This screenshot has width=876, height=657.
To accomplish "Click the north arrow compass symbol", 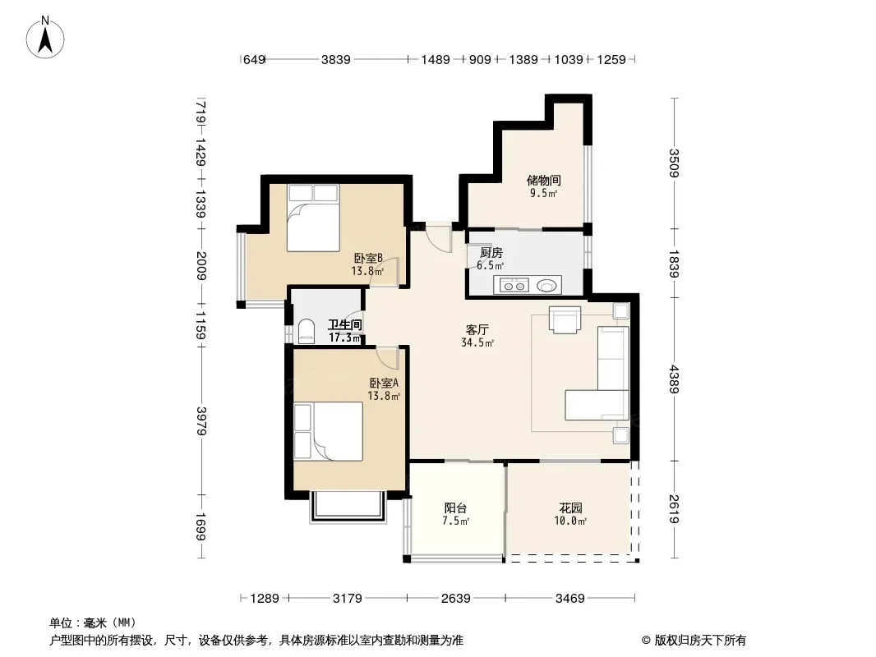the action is tap(45, 38).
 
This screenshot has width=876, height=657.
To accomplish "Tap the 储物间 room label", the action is tap(543, 181).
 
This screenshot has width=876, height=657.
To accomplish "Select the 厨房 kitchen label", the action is tap(491, 253).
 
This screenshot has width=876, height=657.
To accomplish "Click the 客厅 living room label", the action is tap(477, 330).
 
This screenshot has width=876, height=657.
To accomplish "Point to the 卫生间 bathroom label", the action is tap(344, 324).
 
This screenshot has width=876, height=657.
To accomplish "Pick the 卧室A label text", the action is tap(384, 384).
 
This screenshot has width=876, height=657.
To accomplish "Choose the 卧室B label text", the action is tap(368, 259).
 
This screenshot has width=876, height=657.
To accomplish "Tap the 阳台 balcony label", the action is tap(455, 508).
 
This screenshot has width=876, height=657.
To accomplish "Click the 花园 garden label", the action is tap(570, 508).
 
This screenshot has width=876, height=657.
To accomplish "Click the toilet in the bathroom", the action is tap(306, 330).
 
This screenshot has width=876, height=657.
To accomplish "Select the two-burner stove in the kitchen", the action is tap(514, 286).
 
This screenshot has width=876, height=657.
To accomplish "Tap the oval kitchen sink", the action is tap(547, 286).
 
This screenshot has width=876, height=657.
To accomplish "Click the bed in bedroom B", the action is tap(313, 218).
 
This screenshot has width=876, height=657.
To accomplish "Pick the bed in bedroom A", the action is tap(329, 431).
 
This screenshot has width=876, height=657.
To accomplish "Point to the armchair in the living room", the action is tap(565, 319).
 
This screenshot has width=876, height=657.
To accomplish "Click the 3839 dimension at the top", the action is tap(336, 59).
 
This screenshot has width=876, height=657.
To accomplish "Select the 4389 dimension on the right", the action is tap(675, 379).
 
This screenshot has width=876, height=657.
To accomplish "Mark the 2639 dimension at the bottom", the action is tap(456, 599).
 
